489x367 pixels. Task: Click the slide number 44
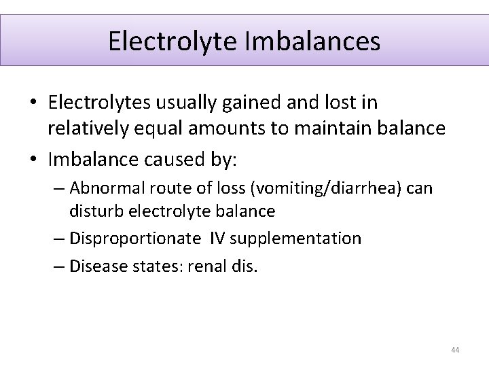click(x=455, y=350)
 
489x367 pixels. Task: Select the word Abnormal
click(x=101, y=187)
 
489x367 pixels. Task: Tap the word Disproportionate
click(x=124, y=239)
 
